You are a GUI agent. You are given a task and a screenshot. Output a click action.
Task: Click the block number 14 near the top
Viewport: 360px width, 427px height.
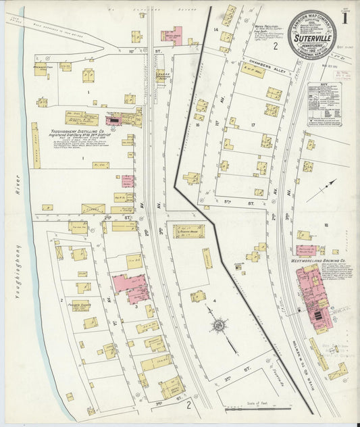pyautogui.click(x=216, y=31)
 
